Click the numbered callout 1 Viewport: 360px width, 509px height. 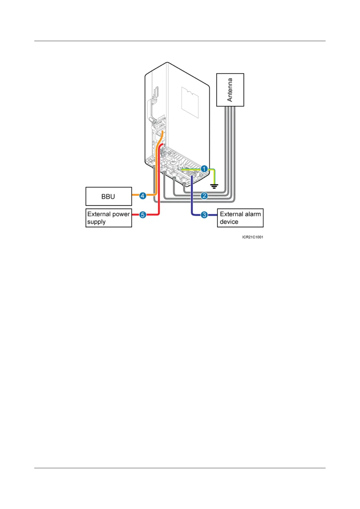pyautogui.click(x=204, y=169)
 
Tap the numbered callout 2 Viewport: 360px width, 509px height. pyautogui.click(x=204, y=196)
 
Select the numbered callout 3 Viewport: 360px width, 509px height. pyautogui.click(x=204, y=215)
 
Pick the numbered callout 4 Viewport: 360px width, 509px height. pyautogui.click(x=143, y=196)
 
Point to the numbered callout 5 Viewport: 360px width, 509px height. pyautogui.click(x=143, y=215)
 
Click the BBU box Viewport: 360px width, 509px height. pyautogui.click(x=109, y=196)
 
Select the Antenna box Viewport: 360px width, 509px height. pyautogui.click(x=230, y=90)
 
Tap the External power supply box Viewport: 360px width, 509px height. pyautogui.click(x=109, y=218)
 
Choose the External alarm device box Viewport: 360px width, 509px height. pyautogui.click(x=240, y=218)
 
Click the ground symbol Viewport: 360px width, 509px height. pyautogui.click(x=214, y=186)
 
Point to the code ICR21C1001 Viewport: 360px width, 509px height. pyautogui.click(x=252, y=237)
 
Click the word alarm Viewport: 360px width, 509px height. pyautogui.click(x=253, y=214)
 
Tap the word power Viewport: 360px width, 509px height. pyautogui.click(x=121, y=214)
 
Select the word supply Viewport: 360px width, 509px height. pyautogui.click(x=96, y=222)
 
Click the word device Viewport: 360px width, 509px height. pyautogui.click(x=229, y=222)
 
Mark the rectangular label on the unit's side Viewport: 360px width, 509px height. pyautogui.click(x=190, y=103)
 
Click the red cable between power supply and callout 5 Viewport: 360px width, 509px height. pyautogui.click(x=135, y=215)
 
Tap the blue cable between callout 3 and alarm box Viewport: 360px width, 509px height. pyautogui.click(x=212, y=215)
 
